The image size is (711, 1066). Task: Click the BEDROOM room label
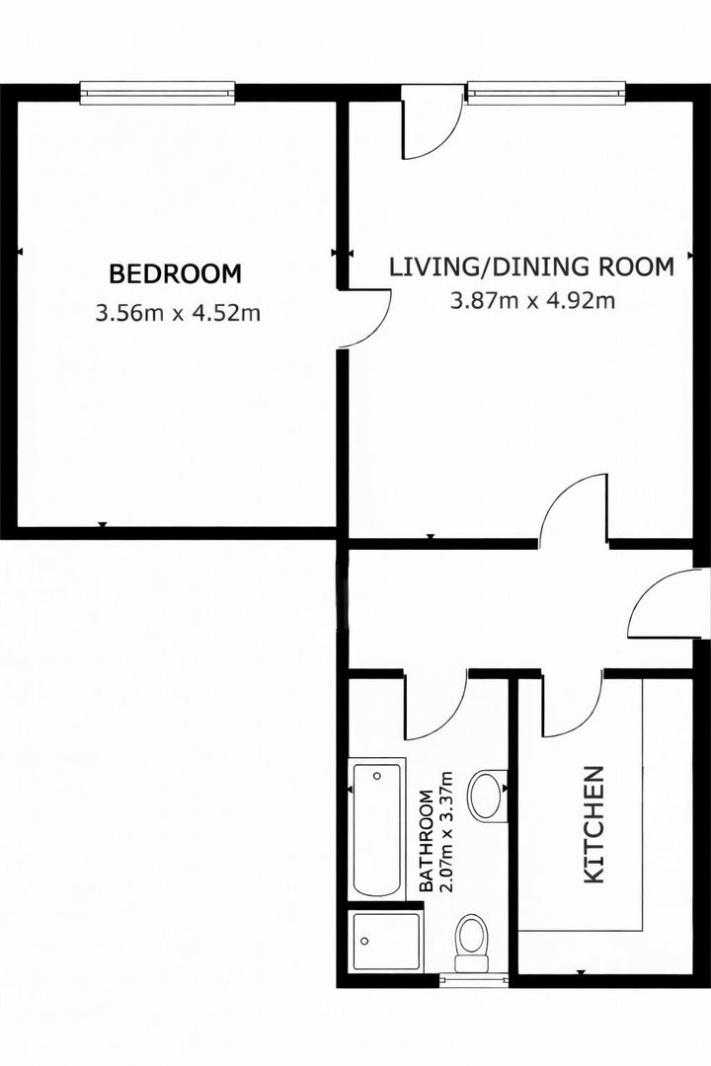tap(176, 273)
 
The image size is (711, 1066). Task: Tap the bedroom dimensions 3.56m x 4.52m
tap(178, 314)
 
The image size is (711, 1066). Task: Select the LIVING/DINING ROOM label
tap(531, 266)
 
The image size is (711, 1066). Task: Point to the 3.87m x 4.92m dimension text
tap(532, 300)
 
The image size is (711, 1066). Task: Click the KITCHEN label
tap(593, 824)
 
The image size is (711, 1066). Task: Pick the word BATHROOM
tap(426, 841)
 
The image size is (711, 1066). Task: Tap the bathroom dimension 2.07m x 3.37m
tap(445, 831)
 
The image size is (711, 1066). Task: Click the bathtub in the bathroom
tap(376, 829)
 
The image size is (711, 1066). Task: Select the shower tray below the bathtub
tap(385, 941)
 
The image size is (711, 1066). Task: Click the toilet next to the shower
tap(472, 943)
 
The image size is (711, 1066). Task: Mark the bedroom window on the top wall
tap(158, 93)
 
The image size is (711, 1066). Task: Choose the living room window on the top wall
tap(546, 93)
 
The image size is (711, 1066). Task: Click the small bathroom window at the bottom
tap(474, 979)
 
